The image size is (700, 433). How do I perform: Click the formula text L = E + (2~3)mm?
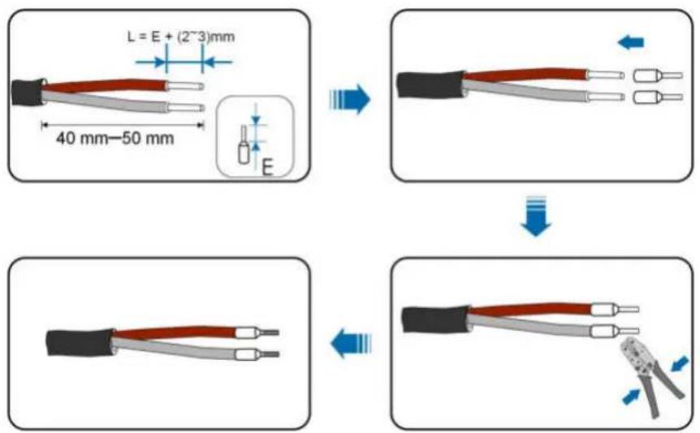pos(181,36)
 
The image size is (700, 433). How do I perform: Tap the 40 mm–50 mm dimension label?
pos(115,138)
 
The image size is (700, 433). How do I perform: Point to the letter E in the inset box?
pos(267,168)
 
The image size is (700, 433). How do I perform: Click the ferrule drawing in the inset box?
pos(244,144)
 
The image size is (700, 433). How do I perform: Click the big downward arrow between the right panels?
pos(536,216)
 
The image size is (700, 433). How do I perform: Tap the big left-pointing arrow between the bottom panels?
pos(351,343)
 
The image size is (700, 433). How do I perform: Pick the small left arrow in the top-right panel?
pos(630,43)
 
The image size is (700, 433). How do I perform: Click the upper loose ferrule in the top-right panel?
pos(658,75)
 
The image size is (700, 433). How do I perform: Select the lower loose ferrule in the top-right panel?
pos(658,96)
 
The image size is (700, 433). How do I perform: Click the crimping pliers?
pos(652,375)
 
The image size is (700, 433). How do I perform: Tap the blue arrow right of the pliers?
pos(680,364)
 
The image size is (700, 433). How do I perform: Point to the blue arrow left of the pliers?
pos(632,397)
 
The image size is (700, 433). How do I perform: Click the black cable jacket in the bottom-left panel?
pos(80,342)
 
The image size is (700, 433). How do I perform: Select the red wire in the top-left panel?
pos(105,84)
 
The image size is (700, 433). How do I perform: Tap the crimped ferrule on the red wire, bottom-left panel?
pos(257,332)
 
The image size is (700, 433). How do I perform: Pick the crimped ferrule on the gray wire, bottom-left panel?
pos(257,354)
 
